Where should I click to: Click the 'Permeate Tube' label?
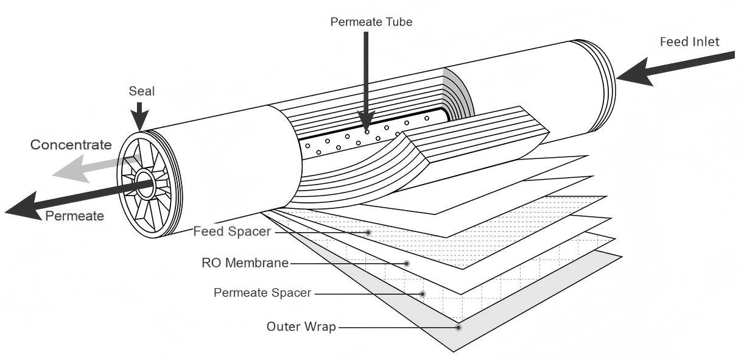(371, 22)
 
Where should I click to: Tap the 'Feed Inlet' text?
(689, 42)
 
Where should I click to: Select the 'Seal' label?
(141, 91)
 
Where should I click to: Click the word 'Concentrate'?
(71, 145)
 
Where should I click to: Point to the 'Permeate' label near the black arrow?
(74, 216)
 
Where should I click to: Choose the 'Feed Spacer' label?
(231, 232)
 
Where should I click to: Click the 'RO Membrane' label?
(245, 263)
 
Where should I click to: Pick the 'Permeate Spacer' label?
(262, 293)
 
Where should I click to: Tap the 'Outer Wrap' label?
(301, 326)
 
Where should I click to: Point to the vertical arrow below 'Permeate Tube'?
(366, 79)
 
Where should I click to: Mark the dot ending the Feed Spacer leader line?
(368, 233)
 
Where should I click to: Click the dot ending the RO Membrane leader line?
(407, 264)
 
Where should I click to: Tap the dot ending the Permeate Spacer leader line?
(423, 294)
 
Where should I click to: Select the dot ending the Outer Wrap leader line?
(458, 327)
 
